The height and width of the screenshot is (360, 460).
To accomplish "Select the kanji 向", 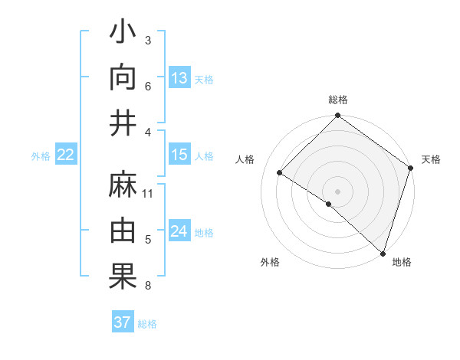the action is pyautogui.click(x=123, y=80).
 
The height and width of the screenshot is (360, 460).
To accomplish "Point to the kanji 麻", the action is pyautogui.click(x=123, y=186).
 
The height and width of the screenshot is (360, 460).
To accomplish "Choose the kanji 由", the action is pyautogui.click(x=123, y=231).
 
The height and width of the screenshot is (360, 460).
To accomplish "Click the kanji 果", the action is pyautogui.click(x=123, y=277).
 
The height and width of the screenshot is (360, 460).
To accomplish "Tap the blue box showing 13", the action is pyautogui.click(x=179, y=78).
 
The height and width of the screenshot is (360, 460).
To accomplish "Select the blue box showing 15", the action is pyautogui.click(x=179, y=155).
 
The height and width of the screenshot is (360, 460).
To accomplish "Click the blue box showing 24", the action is pyautogui.click(x=179, y=232).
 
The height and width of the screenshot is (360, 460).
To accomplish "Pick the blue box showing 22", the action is pyautogui.click(x=66, y=155).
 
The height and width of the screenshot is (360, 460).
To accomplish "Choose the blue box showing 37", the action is pyautogui.click(x=123, y=322).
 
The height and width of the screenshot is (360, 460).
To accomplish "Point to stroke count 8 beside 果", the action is pyautogui.click(x=148, y=286).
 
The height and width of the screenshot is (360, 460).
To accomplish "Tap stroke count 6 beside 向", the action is pyautogui.click(x=148, y=86).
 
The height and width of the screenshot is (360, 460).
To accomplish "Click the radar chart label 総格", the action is pyautogui.click(x=337, y=100).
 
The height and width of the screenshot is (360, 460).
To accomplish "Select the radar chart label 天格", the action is pyautogui.click(x=432, y=159).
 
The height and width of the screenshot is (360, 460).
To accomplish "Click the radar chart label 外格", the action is pyautogui.click(x=270, y=263).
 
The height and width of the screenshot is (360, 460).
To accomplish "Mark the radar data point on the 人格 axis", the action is pyautogui.click(x=280, y=173).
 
